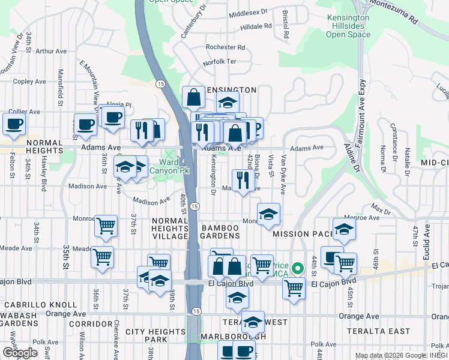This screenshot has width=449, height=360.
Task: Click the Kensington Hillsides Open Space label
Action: [348, 26]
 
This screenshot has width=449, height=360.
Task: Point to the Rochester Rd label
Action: [225, 47]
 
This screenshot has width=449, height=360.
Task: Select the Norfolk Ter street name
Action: [220, 61]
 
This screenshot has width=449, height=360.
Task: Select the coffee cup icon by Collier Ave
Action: [13, 124]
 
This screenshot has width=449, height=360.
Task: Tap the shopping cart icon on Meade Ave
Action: [102, 257]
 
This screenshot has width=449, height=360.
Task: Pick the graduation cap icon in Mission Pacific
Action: [344, 229]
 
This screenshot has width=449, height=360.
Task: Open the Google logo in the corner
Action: [20, 353]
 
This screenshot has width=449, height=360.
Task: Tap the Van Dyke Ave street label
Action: [284, 173]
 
